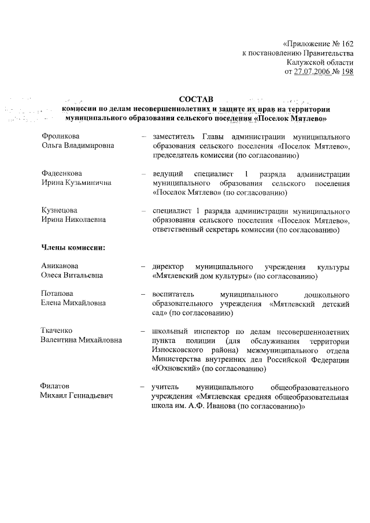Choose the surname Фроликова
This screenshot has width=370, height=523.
click(x=60, y=137)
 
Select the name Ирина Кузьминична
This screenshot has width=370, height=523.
click(x=75, y=183)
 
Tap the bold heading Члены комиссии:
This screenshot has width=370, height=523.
click(x=72, y=248)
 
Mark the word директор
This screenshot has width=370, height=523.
click(x=168, y=267)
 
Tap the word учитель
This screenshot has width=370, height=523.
click(x=164, y=387)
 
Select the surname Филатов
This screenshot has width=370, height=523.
click(x=56, y=387)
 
